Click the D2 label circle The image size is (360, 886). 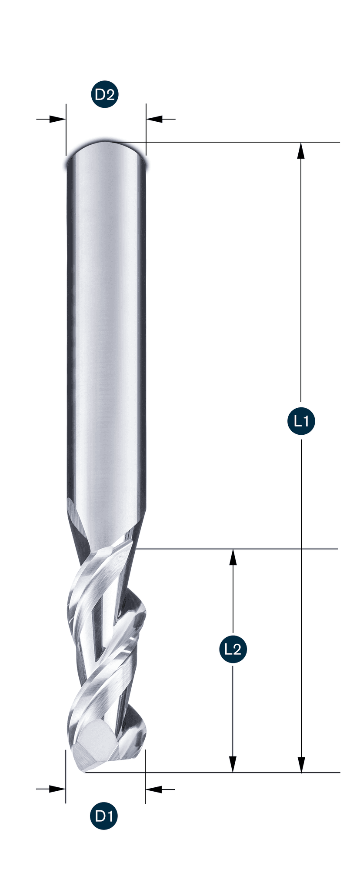[x=105, y=94]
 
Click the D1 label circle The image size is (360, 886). [x=104, y=816]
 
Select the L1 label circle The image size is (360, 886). [x=301, y=421]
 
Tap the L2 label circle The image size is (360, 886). [x=233, y=649]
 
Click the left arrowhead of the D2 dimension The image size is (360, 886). [x=57, y=119]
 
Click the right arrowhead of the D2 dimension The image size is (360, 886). [x=154, y=119]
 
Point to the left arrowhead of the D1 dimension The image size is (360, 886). [x=57, y=789]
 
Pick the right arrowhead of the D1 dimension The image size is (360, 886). [x=153, y=789]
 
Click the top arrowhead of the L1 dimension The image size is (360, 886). [x=301, y=150]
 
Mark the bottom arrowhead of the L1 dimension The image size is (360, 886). [x=301, y=764]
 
